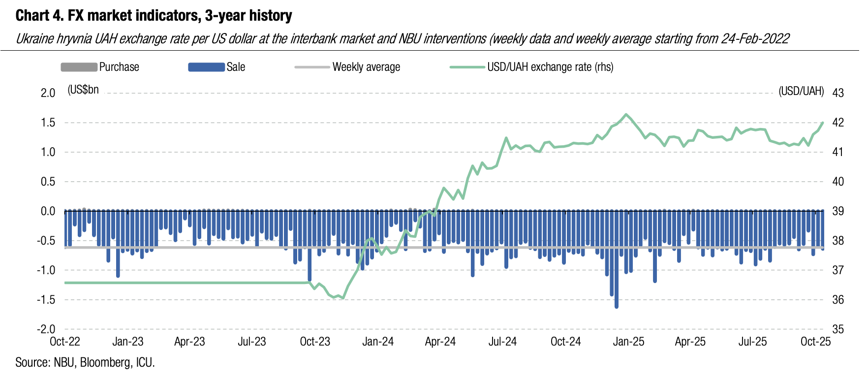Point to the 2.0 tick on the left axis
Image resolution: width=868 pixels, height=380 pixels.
tap(48, 93)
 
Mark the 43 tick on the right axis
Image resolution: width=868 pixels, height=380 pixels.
tap(837, 93)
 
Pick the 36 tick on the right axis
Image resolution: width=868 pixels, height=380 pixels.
tap(837, 300)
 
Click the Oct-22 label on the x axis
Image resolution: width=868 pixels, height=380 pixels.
tap(65, 342)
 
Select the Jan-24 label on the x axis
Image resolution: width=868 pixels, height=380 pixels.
tap(378, 342)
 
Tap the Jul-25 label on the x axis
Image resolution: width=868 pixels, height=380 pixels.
tap(752, 342)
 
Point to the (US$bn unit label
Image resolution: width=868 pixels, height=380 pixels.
tap(83, 90)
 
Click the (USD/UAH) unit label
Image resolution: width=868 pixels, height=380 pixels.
tap(801, 91)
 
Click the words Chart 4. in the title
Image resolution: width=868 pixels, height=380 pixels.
tap(39, 16)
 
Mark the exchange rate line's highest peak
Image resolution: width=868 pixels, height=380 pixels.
tap(626, 115)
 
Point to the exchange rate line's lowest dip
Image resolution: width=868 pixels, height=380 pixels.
tap(343, 298)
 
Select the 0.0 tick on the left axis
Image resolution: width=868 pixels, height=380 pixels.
tap(48, 211)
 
